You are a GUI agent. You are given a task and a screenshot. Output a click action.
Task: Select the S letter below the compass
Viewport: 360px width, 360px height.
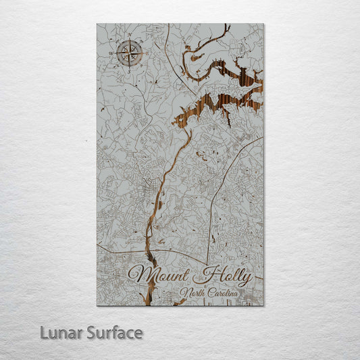[x=130, y=72]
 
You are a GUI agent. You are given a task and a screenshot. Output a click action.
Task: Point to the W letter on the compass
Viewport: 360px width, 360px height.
[x=111, y=53]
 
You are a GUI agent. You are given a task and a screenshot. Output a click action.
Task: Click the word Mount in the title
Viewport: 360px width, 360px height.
[x=161, y=275]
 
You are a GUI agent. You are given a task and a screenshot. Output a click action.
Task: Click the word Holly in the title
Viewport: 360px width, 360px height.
[x=223, y=276]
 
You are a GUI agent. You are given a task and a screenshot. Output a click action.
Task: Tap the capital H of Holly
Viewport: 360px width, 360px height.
[x=203, y=275]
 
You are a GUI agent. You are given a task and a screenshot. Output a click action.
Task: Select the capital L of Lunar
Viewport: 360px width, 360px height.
[x=45, y=332]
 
